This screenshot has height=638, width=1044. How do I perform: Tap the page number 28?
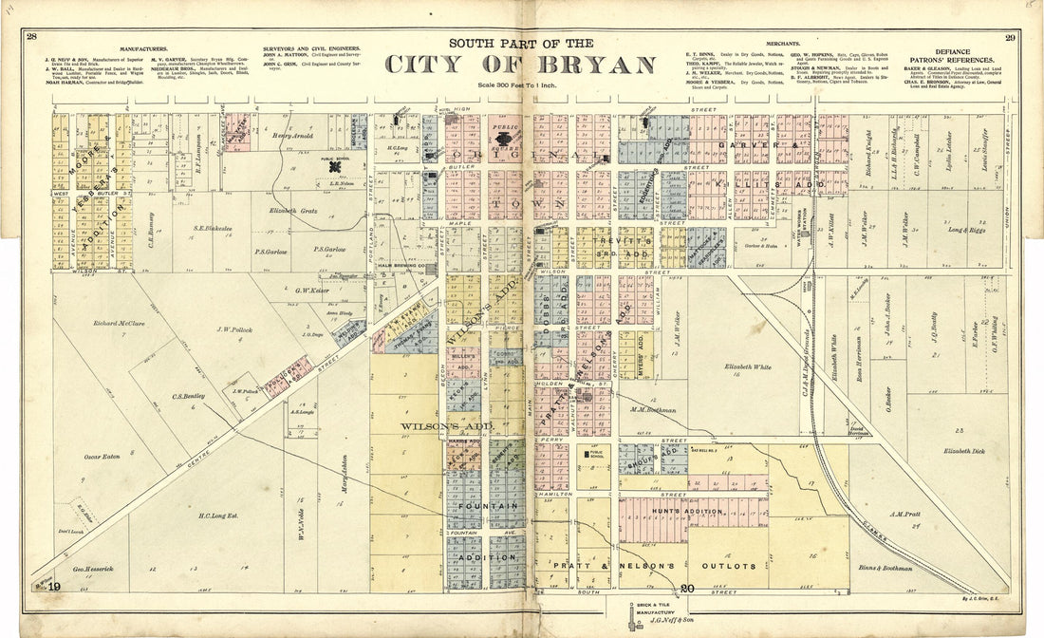31,37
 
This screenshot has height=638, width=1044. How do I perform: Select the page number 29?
1010,38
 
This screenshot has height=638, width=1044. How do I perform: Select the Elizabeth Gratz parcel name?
294,210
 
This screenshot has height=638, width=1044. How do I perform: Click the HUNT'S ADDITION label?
686,511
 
